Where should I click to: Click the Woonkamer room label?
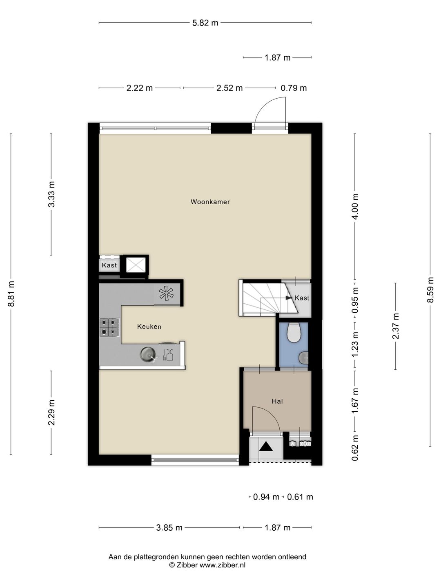(210, 202)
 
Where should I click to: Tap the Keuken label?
(149, 327)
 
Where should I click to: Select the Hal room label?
(277, 401)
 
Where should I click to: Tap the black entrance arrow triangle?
(265, 446)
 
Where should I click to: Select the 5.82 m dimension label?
(205, 23)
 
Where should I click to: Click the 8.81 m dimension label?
(11, 293)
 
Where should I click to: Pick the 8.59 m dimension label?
(430, 290)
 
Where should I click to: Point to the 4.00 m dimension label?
(355, 206)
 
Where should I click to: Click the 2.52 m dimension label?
(229, 88)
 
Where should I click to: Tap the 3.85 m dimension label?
(169, 527)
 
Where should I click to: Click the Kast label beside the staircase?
(302, 298)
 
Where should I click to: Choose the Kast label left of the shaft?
(109, 265)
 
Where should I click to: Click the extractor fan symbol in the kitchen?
(166, 293)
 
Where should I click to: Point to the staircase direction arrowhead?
(289, 298)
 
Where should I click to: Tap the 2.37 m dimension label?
(396, 326)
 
